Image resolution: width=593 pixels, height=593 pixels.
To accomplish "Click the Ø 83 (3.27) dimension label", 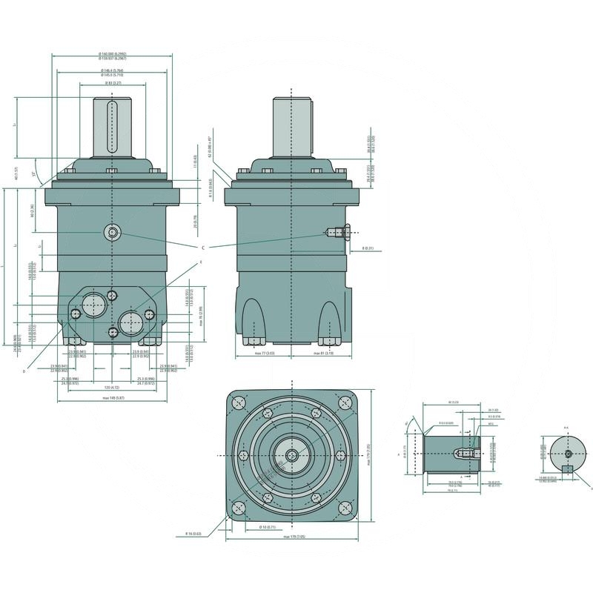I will (113, 84).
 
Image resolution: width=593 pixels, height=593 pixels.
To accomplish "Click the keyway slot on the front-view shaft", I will (113, 126).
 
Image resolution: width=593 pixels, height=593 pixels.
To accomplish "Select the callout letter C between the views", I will (202, 247).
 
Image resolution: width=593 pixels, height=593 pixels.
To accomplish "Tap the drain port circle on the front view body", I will (112, 233).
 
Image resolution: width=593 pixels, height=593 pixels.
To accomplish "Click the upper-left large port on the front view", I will (93, 303).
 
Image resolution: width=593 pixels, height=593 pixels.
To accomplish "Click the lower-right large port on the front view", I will (131, 322).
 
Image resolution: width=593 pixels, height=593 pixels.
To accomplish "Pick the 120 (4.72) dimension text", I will (111, 387).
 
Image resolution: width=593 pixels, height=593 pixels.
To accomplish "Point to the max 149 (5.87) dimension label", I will (113, 398).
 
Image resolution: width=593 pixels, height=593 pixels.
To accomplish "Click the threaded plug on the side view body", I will (337, 233).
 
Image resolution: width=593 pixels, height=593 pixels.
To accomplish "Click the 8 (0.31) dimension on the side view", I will (368, 248).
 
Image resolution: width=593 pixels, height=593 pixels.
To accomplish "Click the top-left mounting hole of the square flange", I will (238, 403).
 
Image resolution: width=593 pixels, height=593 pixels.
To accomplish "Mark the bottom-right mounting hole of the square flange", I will (345, 508).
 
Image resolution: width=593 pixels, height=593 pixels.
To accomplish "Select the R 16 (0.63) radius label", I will (194, 533).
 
